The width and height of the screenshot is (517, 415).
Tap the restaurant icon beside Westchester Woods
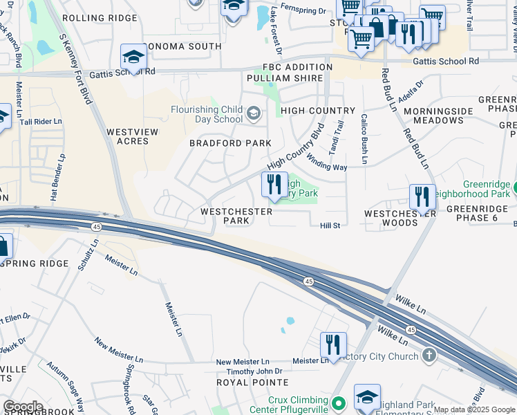[422, 197]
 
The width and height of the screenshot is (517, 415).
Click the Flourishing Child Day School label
[207, 114]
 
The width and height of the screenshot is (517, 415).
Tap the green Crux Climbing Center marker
[338, 402]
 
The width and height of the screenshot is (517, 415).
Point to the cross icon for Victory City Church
[429, 356]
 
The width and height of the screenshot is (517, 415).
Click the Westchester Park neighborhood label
[227, 216]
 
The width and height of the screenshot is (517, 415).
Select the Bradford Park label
[221, 143]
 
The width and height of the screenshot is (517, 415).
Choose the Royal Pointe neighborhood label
[243, 382]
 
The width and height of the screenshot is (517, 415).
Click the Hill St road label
[330, 225]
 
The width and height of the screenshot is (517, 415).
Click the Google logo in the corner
[23, 407]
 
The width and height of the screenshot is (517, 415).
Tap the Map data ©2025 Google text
[474, 409]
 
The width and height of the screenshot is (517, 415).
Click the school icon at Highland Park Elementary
[367, 397]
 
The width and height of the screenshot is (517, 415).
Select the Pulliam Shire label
[292, 78]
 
